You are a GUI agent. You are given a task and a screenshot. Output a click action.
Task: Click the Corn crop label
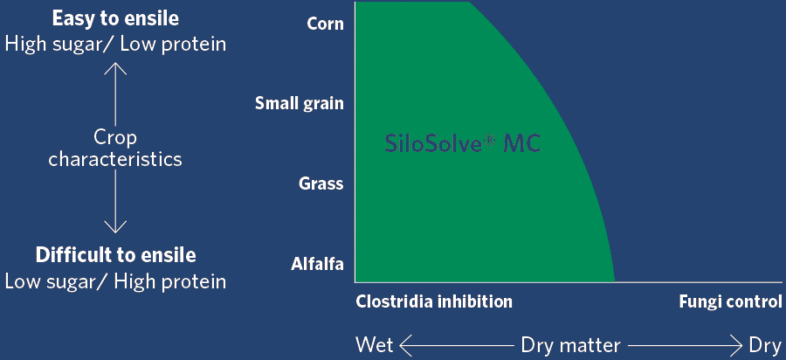[326, 24]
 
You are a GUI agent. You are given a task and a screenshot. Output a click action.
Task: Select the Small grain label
[300, 103]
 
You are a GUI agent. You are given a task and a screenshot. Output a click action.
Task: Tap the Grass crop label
[321, 183]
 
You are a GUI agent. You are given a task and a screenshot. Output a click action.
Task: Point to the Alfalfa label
[317, 264]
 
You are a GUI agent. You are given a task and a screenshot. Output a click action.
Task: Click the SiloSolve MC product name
[463, 144]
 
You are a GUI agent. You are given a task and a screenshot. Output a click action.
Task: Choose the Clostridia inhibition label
[434, 301]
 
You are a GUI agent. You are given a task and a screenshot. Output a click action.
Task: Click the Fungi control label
[730, 301]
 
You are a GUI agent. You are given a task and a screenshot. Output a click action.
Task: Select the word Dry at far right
[765, 346]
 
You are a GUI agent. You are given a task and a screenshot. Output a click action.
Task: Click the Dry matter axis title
[571, 346]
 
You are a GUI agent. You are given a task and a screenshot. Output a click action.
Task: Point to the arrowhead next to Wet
[405, 345]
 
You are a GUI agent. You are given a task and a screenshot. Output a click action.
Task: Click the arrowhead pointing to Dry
[737, 345]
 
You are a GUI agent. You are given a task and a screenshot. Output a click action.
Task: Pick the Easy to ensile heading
[115, 19]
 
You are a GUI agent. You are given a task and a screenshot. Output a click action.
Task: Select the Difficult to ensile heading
[115, 255]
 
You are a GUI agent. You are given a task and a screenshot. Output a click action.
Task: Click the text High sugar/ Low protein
[115, 44]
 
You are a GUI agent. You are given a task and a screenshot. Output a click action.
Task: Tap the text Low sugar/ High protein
[115, 281]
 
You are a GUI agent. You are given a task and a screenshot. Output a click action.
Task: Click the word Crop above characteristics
[115, 138]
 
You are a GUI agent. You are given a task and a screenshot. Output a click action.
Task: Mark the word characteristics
[115, 159]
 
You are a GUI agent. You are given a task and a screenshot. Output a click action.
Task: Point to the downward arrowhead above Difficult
[115, 227]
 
